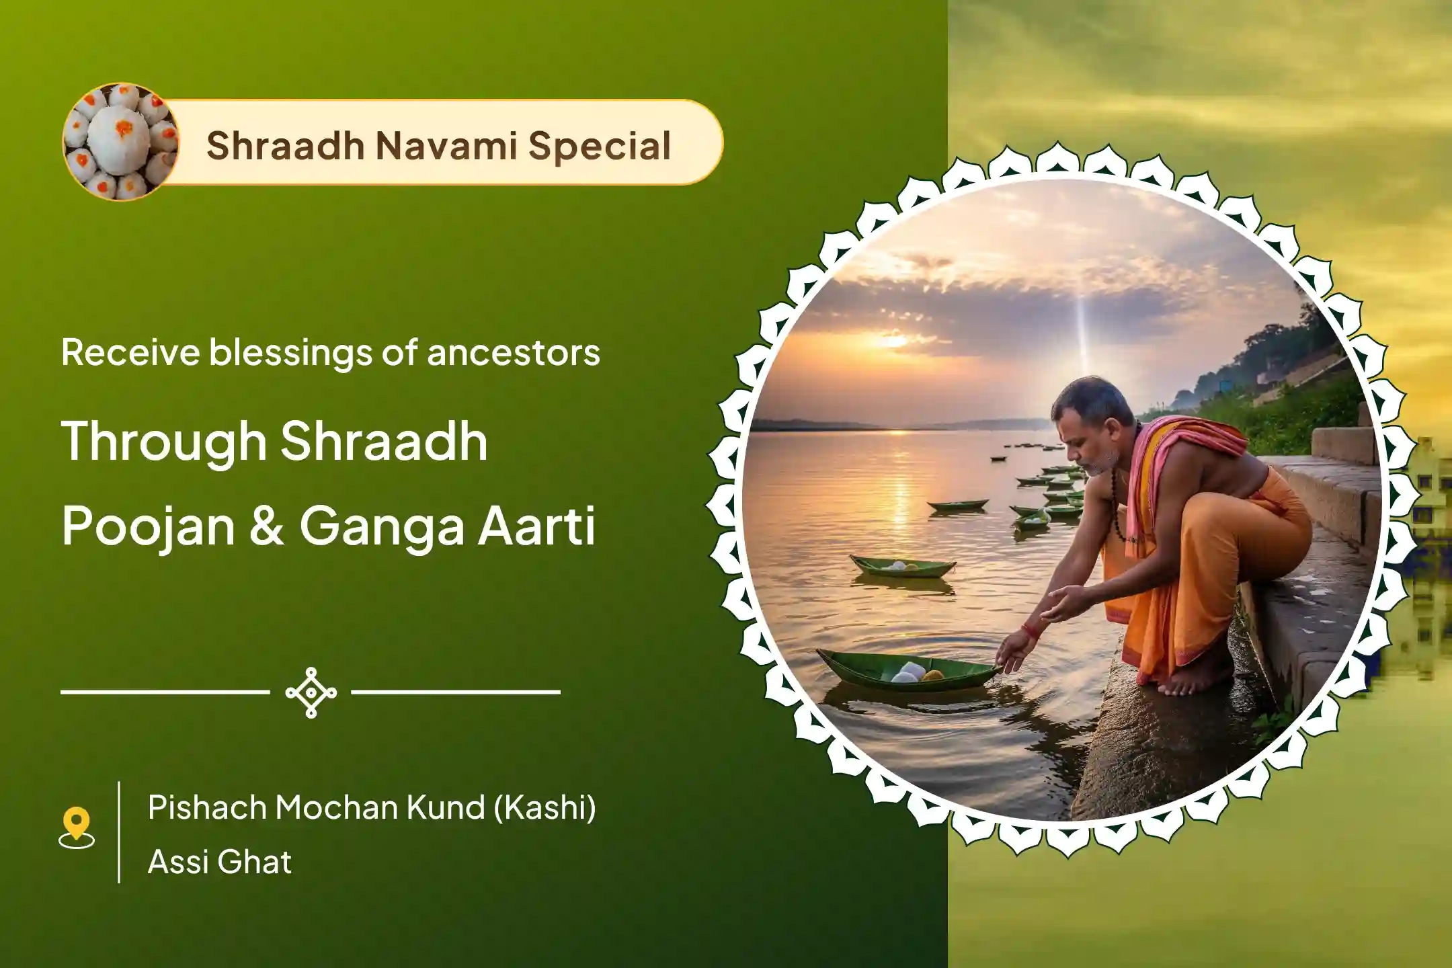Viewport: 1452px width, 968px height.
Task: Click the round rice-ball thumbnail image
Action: [121, 142]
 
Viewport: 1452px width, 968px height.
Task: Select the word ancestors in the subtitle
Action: [514, 354]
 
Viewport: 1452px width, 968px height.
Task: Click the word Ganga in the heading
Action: [382, 528]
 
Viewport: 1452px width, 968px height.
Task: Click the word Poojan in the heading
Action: [149, 528]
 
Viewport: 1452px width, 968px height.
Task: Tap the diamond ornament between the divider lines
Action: [311, 692]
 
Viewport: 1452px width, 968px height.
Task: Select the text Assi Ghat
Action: [220, 862]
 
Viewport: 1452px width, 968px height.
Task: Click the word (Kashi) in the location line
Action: [545, 808]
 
